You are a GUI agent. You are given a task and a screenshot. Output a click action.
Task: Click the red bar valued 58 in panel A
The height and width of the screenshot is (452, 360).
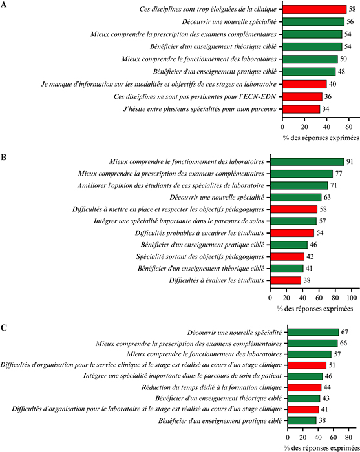[x=314, y=9]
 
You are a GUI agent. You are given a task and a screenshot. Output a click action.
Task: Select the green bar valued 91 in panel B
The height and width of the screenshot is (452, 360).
[x=307, y=161]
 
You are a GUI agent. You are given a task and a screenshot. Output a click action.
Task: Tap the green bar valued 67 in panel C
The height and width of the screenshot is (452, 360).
[x=313, y=332]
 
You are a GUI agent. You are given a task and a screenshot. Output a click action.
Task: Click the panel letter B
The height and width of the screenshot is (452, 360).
[x=3, y=158]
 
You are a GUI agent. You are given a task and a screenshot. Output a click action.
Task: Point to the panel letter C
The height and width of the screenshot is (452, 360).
[x=3, y=328]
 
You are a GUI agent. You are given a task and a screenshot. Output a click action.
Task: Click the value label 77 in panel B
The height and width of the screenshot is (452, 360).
[x=339, y=174]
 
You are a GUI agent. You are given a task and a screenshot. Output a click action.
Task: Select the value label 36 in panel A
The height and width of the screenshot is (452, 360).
[x=328, y=97]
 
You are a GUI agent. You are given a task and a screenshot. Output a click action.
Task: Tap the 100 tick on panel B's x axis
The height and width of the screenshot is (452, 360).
[x=352, y=298]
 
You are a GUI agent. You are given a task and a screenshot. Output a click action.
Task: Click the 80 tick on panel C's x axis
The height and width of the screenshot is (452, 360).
[x=348, y=437]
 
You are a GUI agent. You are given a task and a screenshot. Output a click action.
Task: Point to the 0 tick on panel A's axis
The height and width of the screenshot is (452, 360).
[x=282, y=127]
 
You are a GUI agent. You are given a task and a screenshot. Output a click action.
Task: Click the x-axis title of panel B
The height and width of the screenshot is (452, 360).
[x=315, y=309]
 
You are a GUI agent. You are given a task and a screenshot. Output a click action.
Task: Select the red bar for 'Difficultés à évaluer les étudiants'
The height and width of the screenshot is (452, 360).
[x=286, y=280]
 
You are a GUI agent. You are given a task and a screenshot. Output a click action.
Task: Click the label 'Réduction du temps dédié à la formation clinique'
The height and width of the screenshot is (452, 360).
[x=211, y=387]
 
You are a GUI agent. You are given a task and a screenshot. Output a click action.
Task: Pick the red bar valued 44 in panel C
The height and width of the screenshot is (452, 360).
[x=304, y=387]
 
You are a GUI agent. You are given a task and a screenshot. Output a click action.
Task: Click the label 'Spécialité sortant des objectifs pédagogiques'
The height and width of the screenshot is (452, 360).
[x=200, y=256]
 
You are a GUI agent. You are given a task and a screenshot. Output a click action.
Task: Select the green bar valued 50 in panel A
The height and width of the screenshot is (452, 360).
[x=310, y=59]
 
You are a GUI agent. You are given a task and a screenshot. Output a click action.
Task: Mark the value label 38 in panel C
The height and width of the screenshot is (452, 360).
[x=323, y=420]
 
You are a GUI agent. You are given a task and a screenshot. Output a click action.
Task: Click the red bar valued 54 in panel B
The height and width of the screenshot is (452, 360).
[x=292, y=233]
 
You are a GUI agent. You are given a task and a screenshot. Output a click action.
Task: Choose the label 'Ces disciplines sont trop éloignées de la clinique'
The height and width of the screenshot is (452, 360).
[x=208, y=9]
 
